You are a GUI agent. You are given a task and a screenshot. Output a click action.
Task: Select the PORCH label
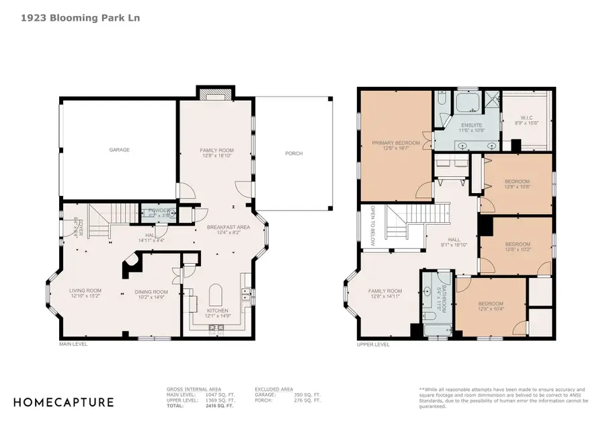(x=293, y=153)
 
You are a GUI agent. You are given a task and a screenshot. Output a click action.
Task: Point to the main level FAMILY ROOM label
(x=216, y=153)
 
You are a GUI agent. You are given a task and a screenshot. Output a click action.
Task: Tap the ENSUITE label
(x=468, y=127)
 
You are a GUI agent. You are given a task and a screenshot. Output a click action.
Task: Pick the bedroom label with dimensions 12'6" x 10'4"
(x=490, y=306)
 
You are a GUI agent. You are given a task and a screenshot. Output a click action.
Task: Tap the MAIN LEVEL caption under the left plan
(x=74, y=344)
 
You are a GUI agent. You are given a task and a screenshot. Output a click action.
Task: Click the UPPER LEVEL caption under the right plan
(x=373, y=344)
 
